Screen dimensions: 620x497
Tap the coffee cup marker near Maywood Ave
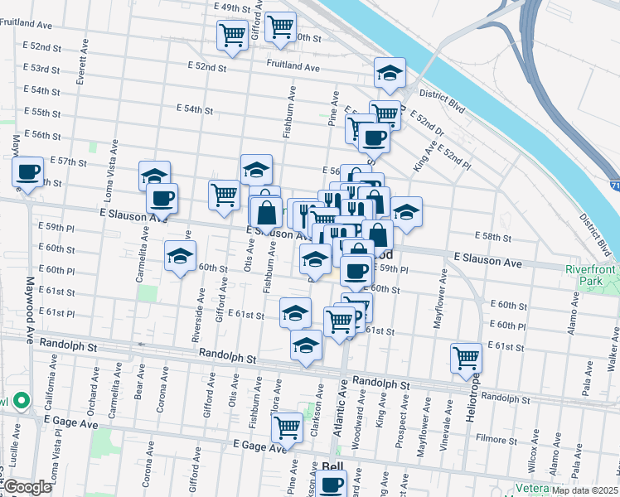pyautogui.click(x=28, y=172)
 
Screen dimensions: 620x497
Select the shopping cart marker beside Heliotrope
pyautogui.click(x=467, y=357)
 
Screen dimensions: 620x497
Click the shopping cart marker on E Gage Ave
pyautogui.click(x=287, y=427)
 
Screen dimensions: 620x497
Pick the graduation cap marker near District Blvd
pyautogui.click(x=389, y=73)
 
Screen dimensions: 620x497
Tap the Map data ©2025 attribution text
pyautogui.click(x=585, y=490)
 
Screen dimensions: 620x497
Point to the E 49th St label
pyautogui.click(x=232, y=7)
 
